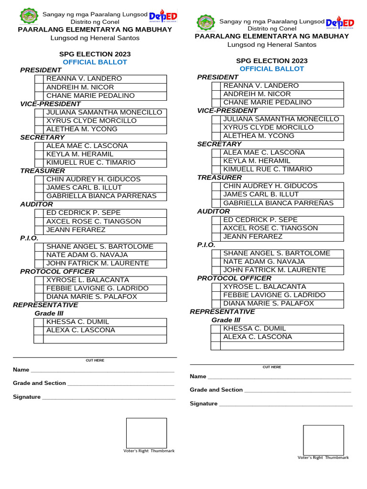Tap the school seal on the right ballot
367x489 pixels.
pyautogui.click(x=206, y=24)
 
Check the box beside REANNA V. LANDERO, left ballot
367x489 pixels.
pyautogui.click(x=39, y=79)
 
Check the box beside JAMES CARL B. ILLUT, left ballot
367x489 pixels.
pyautogui.click(x=39, y=188)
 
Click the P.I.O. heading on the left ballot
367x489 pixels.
pyautogui.click(x=29, y=238)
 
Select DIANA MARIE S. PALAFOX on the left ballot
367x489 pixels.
pyautogui.click(x=91, y=297)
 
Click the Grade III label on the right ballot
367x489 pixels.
pyautogui.click(x=226, y=320)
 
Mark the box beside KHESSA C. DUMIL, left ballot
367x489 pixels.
pyautogui.click(x=39, y=322)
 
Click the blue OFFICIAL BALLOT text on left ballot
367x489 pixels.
pyautogui.click(x=95, y=62)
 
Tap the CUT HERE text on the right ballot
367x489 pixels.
pyautogui.click(x=272, y=367)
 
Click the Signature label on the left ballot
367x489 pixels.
pyautogui.click(x=27, y=397)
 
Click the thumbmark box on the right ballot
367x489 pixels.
pyautogui.click(x=323, y=440)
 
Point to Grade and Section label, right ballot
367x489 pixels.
pyautogui.click(x=216, y=390)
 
